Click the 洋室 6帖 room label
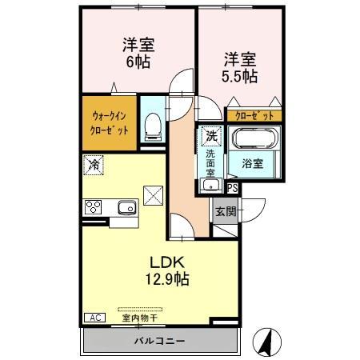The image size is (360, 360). (x=138, y=53)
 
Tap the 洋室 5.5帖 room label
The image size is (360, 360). (x=240, y=67)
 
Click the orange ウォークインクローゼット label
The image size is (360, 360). (x=109, y=122)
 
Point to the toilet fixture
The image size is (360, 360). (x=153, y=124)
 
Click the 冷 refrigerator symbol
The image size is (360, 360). (x=94, y=166)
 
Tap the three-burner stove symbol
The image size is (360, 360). (x=94, y=207)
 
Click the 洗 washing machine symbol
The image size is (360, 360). (x=210, y=136)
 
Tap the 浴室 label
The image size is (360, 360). (x=253, y=164)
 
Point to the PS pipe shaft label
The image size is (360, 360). (x=233, y=188)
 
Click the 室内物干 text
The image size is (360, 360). (x=139, y=318)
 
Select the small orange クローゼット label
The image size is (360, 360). (x=254, y=114)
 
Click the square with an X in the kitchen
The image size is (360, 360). (x=152, y=194)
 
